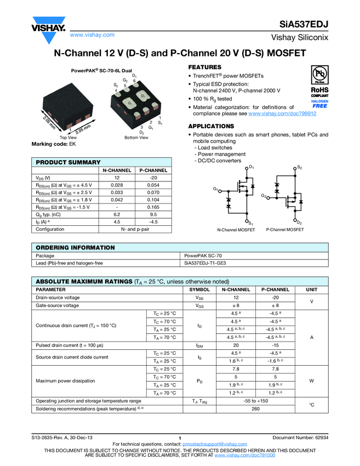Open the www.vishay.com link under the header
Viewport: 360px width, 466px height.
pos(92,35)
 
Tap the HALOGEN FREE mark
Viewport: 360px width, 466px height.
pos(319,104)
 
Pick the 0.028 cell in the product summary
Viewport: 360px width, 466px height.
pos(116,185)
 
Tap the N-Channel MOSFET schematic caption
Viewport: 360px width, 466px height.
pos(236,230)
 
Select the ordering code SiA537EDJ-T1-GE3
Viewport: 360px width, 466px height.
pos(205,263)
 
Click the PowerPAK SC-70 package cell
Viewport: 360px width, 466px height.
pos(203,255)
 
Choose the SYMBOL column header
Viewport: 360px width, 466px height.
pos(199,289)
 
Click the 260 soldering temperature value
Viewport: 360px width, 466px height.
pos(255,409)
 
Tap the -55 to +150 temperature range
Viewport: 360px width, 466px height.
pos(256,401)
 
